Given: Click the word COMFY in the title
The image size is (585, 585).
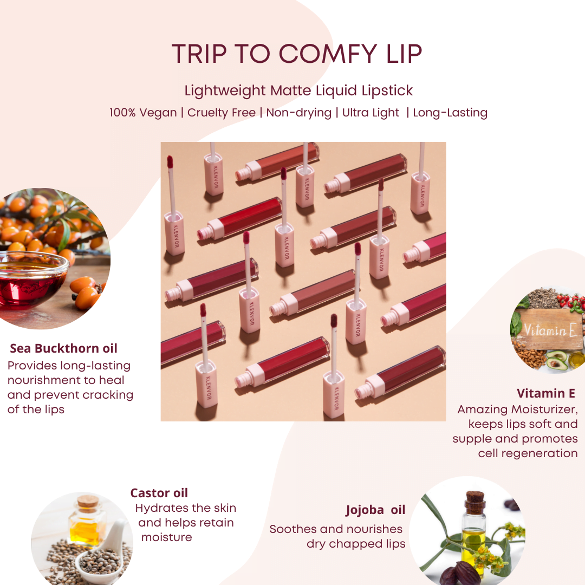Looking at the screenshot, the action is click(328, 54).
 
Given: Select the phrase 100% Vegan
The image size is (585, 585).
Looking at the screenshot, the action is click(143, 113).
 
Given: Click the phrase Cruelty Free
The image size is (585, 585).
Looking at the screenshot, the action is click(221, 113).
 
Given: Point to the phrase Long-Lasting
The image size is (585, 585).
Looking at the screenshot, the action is click(450, 113).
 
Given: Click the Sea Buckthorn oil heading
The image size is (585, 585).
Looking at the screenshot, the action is click(63, 348).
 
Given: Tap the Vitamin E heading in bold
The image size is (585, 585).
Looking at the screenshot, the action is click(546, 393).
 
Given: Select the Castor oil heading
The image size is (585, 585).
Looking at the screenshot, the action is click(159, 493).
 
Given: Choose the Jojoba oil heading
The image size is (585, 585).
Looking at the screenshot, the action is click(375, 510).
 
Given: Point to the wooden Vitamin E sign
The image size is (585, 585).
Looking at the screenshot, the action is click(548, 329).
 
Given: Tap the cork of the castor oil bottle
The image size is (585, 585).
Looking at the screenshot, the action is click(88, 501).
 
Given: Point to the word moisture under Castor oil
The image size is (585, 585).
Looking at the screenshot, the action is click(166, 537).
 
